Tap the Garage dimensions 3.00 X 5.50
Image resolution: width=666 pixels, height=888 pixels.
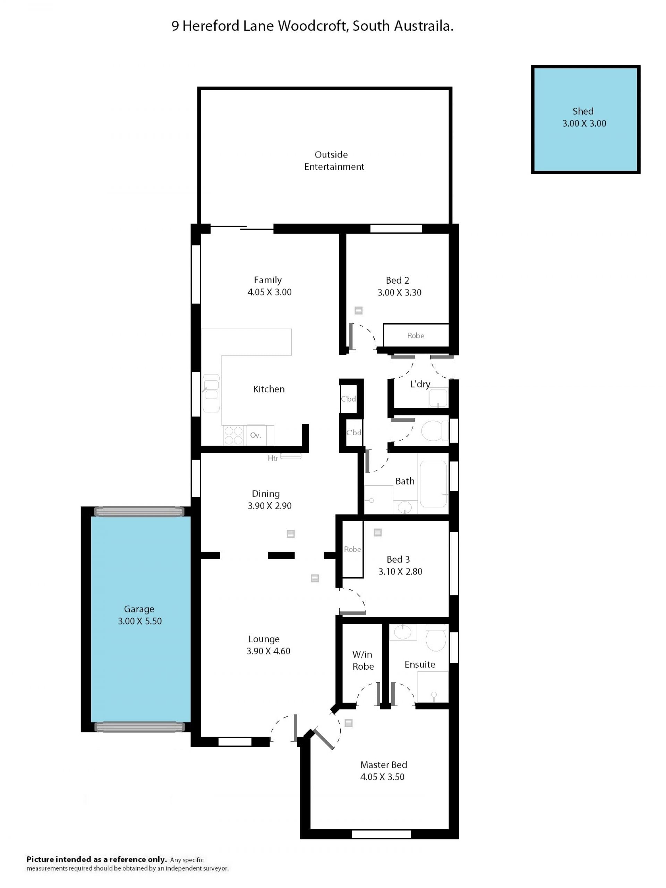[140, 621]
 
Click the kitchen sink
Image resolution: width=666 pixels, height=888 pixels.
[211, 393]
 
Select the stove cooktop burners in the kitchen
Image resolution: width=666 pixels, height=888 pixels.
[233, 436]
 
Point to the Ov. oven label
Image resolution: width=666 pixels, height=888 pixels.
[256, 435]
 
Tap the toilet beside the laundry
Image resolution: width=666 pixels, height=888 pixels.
[435, 430]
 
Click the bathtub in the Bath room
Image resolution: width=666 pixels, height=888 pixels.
[433, 483]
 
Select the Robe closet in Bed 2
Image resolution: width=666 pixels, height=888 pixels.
[416, 335]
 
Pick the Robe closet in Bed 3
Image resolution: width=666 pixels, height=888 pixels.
[352, 549]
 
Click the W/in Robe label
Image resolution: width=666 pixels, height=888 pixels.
[363, 660]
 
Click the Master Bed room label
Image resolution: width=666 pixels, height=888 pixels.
[384, 765]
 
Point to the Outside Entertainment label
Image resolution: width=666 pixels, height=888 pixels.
[334, 161]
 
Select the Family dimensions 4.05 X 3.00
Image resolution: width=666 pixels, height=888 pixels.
[270, 292]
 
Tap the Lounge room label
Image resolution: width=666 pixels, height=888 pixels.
[264, 639]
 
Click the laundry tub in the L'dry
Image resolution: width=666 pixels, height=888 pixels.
[438, 397]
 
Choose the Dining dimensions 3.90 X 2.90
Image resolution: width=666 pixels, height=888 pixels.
[270, 505]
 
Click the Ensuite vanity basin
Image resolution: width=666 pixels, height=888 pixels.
[403, 632]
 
